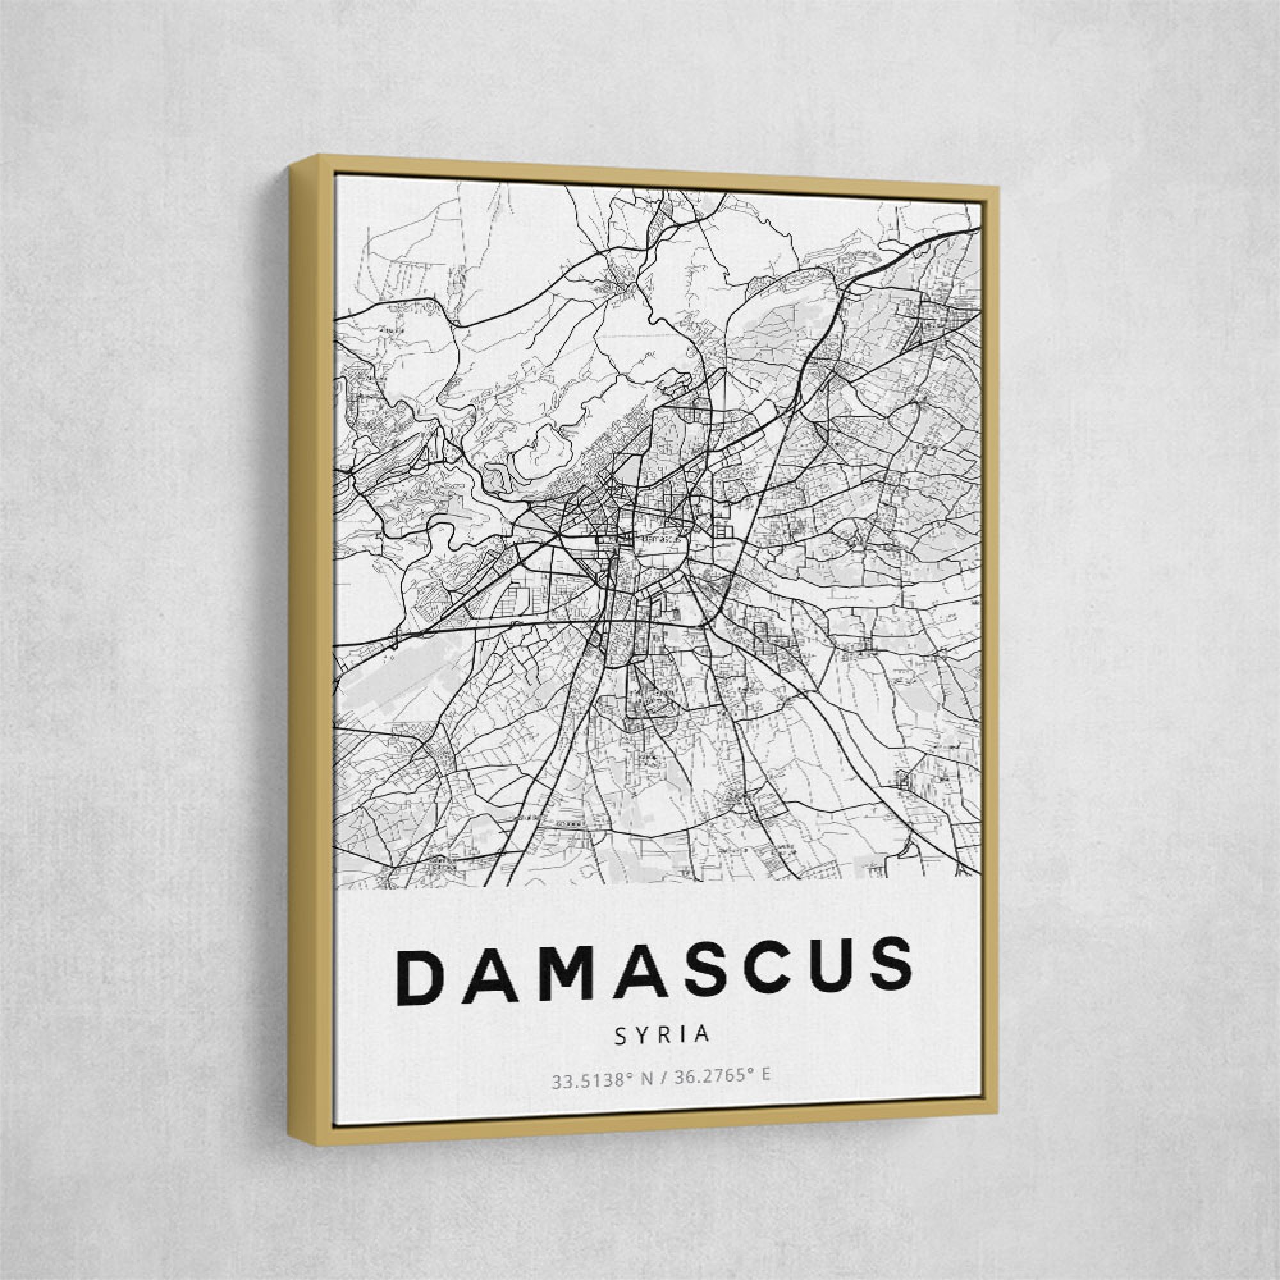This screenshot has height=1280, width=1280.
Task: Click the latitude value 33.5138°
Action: coord(588,1082)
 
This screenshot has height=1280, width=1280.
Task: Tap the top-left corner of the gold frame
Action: coord(319,156)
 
